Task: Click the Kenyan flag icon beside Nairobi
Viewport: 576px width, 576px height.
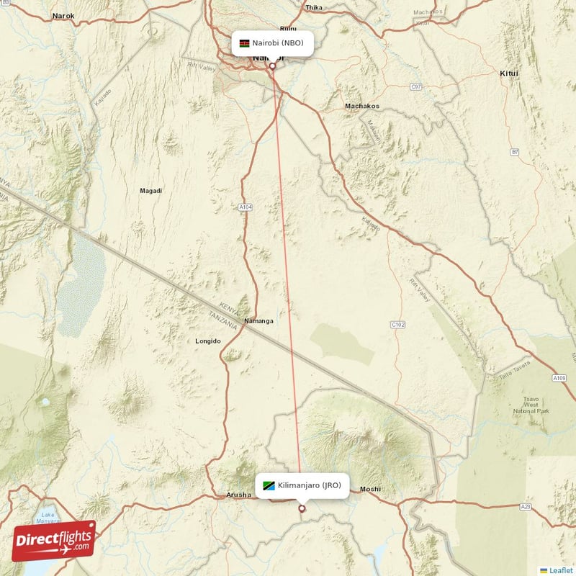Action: tap(245, 43)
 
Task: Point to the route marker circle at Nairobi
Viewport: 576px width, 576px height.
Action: tap(272, 66)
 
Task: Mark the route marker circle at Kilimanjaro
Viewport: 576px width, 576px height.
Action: tap(302, 508)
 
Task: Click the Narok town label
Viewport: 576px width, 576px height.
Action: tap(63, 15)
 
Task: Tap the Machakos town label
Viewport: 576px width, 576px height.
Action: tap(361, 106)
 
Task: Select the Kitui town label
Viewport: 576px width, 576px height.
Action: tap(509, 73)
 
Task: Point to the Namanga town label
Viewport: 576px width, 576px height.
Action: tap(258, 320)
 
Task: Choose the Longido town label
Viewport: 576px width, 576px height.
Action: tap(208, 341)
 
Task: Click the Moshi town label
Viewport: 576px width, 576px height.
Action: tap(370, 489)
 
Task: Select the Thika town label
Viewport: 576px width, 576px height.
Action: tap(314, 8)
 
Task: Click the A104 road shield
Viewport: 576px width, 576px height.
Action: tap(246, 207)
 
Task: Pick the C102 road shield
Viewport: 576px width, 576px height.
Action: tap(397, 325)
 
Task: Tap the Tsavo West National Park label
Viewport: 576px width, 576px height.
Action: tap(531, 408)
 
